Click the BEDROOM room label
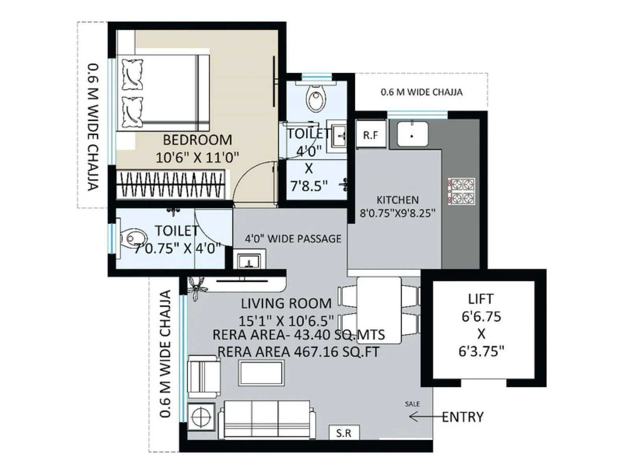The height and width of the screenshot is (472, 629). [197, 140]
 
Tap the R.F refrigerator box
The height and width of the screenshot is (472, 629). [370, 135]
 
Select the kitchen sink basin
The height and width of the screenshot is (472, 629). [412, 134]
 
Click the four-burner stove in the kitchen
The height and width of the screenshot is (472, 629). [461, 191]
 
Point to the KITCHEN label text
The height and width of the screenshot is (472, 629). [397, 200]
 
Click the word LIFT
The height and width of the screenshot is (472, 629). [480, 299]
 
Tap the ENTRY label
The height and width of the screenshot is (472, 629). [463, 417]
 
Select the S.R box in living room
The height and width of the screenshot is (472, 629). [344, 433]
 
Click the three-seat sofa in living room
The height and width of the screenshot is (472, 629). [267, 419]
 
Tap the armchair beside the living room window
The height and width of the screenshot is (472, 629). [203, 376]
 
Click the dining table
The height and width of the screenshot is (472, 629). [379, 310]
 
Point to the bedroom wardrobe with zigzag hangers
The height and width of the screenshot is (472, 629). [171, 184]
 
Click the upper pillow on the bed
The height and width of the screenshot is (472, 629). [132, 74]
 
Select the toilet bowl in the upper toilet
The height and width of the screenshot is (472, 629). [316, 98]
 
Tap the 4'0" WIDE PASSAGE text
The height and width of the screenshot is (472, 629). [293, 239]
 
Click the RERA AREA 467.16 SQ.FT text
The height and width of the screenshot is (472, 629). [298, 352]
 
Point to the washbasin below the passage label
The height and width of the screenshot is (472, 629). [249, 260]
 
